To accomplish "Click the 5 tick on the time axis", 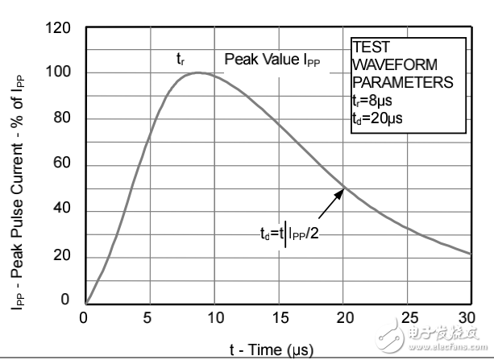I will [x=148, y=317].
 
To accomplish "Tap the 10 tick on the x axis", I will [x=214, y=317].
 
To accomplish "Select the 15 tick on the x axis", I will [x=279, y=317].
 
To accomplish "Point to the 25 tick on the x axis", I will [x=409, y=317].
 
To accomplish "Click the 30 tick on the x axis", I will [x=472, y=317].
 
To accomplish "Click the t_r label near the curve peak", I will [x=181, y=59].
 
